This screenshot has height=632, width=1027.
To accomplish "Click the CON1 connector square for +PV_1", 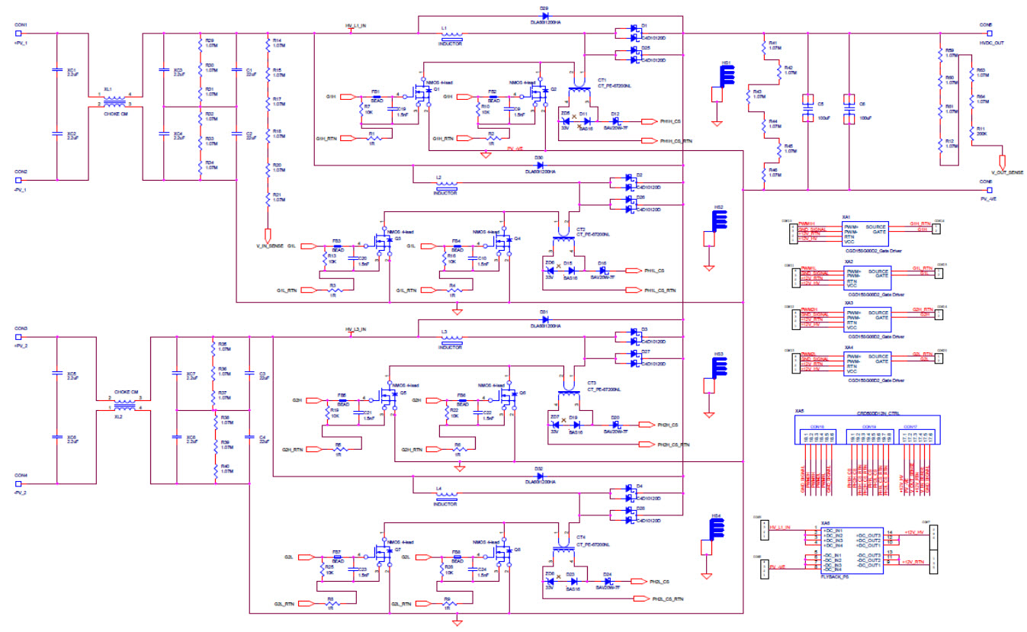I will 18,34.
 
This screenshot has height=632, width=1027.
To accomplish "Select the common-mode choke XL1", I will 115,101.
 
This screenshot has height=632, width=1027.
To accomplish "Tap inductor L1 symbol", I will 451,35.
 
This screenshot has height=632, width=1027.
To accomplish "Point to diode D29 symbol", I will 544,15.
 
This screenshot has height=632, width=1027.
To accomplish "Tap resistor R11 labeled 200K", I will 972,135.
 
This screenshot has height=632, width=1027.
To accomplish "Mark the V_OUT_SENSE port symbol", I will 1003,162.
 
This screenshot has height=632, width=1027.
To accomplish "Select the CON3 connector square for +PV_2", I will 18,336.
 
